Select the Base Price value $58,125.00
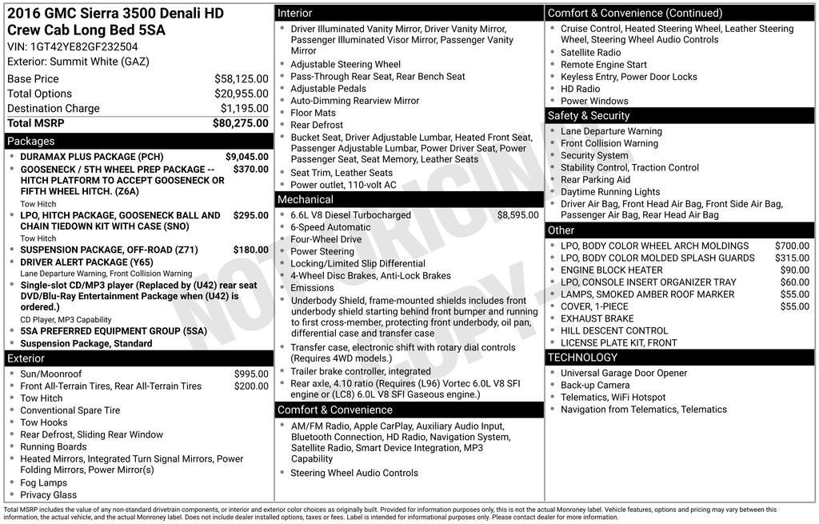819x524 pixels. pos(241,79)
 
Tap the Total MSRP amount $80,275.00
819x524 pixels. pos(240,123)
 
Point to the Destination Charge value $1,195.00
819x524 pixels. pos(244,109)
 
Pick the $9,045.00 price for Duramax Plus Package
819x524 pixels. pos(246,157)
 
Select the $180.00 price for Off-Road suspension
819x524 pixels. pos(250,250)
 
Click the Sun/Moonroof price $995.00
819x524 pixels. pos(251,374)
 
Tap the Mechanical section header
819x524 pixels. pos(305,199)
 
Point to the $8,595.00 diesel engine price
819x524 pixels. pos(518,215)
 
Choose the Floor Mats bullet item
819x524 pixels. pos(313,113)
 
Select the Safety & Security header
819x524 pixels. pos(589,116)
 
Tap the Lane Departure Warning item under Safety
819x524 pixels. pos(611,131)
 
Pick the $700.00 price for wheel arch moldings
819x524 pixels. pos(792,246)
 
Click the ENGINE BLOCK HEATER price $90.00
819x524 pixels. pos(795,270)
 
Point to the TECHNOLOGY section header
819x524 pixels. pos(582,358)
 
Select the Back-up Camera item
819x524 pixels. pos(594,386)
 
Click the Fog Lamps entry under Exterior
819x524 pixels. pos(43,483)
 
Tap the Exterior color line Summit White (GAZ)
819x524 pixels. pos(78,62)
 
